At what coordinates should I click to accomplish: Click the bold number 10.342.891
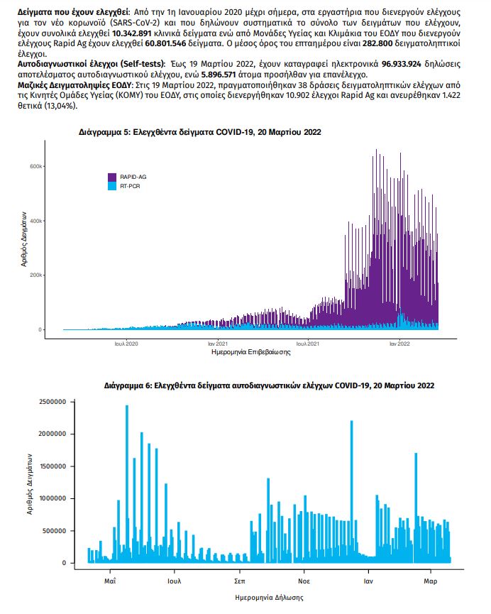tap(131, 33)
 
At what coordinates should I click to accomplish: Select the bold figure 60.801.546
tap(165, 43)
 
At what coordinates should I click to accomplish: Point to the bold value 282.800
tap(377, 43)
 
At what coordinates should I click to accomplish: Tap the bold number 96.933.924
tap(402, 64)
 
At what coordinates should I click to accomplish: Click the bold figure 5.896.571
tap(219, 75)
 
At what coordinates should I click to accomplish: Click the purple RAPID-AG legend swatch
tap(112, 177)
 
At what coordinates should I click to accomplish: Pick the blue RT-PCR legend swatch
tap(112, 186)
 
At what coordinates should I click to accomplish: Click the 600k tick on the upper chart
tap(35, 166)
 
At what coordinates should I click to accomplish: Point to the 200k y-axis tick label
tap(35, 275)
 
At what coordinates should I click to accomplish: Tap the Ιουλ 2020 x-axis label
tap(126, 344)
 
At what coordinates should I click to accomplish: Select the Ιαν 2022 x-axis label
tap(399, 344)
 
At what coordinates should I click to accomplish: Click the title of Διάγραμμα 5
tap(199, 132)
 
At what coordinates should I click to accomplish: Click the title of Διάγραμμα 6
tap(269, 385)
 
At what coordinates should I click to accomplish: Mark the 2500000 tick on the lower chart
tap(53, 402)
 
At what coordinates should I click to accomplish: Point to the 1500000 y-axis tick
tap(53, 466)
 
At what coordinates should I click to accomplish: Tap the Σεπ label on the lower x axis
tap(239, 581)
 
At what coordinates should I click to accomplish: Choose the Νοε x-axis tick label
tap(304, 581)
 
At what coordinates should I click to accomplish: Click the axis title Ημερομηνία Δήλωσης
tap(269, 598)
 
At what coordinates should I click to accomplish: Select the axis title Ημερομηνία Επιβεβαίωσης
tap(251, 352)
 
